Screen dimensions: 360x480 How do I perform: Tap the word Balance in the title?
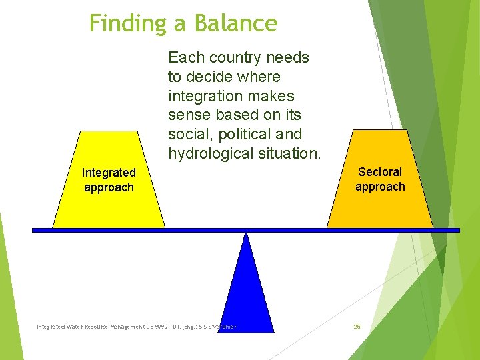coord(236,24)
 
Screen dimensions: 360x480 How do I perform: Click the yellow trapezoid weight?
coord(109,207)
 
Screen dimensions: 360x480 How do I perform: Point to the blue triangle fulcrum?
coord(247,293)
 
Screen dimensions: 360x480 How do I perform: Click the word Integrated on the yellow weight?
coord(109,173)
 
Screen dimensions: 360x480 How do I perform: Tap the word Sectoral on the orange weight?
coord(380,172)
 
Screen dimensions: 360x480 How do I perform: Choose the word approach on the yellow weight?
coord(109,187)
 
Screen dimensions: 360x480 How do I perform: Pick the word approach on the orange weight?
coord(380,187)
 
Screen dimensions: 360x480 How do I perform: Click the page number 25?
coord(357,327)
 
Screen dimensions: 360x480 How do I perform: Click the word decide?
coord(205,77)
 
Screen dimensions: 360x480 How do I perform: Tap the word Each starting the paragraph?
coord(183,57)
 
